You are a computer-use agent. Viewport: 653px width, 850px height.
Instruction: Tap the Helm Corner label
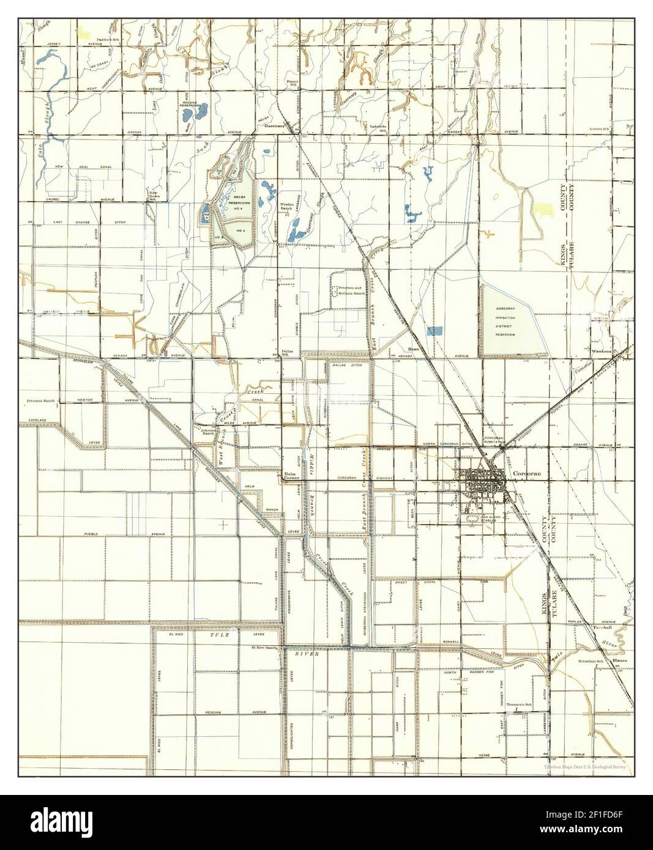290,476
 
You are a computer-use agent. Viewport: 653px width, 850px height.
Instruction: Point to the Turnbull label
602,628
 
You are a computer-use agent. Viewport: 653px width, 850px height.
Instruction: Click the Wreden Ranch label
287,207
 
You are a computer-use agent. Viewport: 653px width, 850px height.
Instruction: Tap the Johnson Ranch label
207,432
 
